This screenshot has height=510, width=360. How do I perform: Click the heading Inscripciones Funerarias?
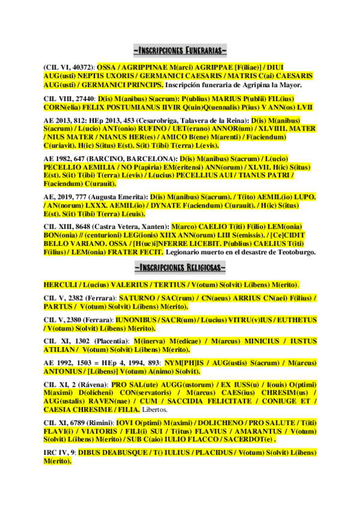(x=180, y=49)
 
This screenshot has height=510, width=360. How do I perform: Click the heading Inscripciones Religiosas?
(x=180, y=267)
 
